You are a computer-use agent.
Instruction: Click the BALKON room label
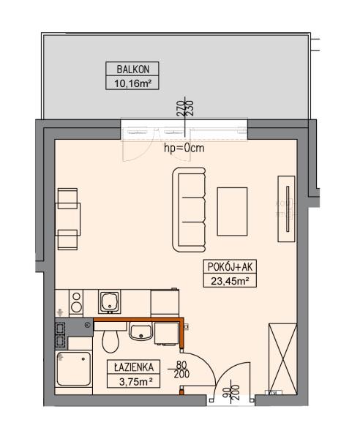(x=132, y=70)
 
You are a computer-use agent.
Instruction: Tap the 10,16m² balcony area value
(x=132, y=83)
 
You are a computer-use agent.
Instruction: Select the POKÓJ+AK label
(x=230, y=267)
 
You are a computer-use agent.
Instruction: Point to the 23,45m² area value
(x=230, y=281)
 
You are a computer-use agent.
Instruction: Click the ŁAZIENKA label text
(x=134, y=367)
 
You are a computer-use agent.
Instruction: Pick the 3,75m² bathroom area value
(x=135, y=381)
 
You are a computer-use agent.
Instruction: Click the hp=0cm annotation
(x=184, y=148)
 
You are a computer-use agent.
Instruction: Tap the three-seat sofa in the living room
(x=189, y=210)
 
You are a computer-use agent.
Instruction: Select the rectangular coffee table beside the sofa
(x=232, y=211)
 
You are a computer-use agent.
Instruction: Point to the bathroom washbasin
(x=140, y=331)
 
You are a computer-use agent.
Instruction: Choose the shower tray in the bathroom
(x=74, y=369)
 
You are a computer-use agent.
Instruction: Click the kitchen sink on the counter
(x=110, y=301)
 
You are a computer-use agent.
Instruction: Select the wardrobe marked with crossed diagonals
(x=282, y=359)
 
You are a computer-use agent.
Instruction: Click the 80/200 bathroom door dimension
(x=181, y=369)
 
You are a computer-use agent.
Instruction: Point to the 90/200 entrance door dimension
(x=231, y=391)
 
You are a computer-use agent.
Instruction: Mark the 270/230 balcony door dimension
(x=185, y=108)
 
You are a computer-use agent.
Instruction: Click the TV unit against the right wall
(x=286, y=209)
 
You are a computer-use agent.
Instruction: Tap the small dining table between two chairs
(x=69, y=219)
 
